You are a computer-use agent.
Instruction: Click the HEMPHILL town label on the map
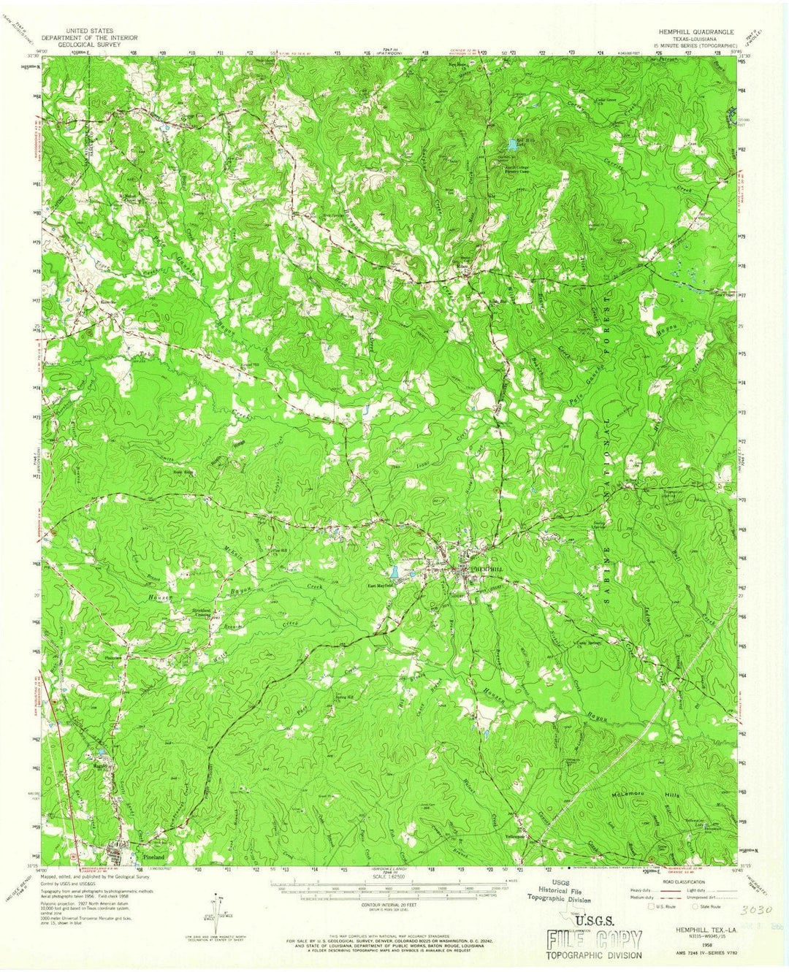(487, 567)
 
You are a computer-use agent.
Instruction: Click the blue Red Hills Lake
(512, 145)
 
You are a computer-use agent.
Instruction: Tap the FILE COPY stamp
(594, 939)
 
